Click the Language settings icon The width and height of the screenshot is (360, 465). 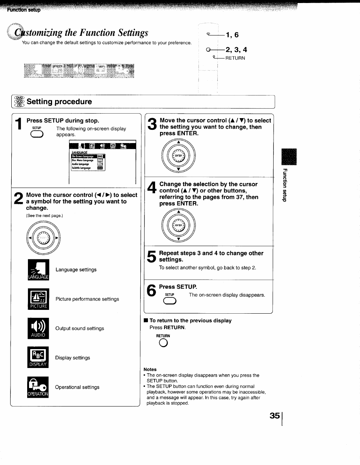(x=38, y=269)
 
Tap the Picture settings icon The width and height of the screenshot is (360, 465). (x=38, y=299)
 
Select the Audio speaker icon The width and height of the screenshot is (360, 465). (x=38, y=328)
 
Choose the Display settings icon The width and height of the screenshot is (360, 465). (x=38, y=357)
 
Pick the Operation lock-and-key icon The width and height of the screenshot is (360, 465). (x=38, y=387)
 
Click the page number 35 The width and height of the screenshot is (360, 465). (x=275, y=415)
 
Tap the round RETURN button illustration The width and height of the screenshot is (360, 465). (x=163, y=343)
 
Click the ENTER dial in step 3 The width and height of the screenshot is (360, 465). (x=179, y=156)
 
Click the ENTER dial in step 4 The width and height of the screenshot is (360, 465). (x=179, y=225)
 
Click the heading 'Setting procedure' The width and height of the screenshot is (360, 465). (x=59, y=102)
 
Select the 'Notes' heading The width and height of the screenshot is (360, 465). (x=150, y=369)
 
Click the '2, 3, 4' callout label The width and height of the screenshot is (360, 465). (x=236, y=49)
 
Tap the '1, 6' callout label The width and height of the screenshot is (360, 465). (x=232, y=35)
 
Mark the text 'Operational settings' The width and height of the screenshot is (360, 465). (x=77, y=387)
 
